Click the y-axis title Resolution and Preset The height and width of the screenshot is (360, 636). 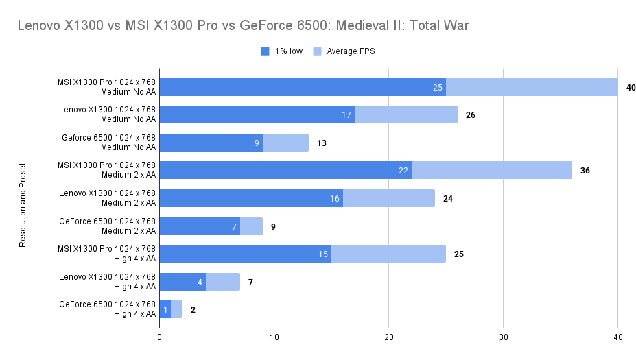coord(23,204)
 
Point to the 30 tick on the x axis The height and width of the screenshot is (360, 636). coord(504,337)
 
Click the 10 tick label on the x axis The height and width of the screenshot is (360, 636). coord(274,337)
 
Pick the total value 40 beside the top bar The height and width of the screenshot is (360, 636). coord(631,87)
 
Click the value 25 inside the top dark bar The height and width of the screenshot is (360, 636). coord(438,87)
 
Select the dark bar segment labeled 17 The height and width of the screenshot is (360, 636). coord(257,115)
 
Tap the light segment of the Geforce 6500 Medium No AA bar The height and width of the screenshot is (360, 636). coord(285,143)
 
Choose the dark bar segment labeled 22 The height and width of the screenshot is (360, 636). coord(285,170)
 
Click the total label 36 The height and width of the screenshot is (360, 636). coord(585,170)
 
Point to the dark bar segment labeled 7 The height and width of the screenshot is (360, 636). coord(200,226)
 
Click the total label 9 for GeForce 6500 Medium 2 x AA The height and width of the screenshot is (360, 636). coord(273,226)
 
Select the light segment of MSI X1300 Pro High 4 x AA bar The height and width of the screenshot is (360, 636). coord(388,254)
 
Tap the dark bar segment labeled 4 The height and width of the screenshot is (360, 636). coord(182,282)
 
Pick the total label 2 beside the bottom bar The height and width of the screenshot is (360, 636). coord(193,310)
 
